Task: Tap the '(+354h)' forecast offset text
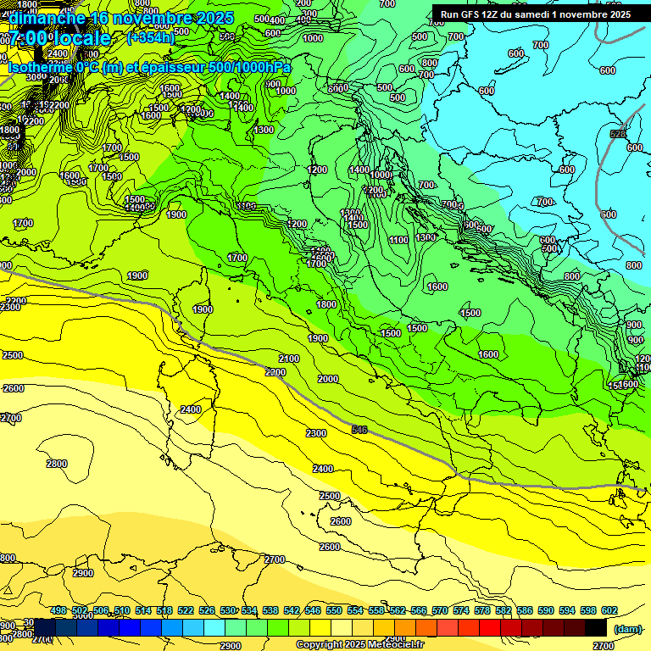[151, 37]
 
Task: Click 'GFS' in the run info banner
[477, 14]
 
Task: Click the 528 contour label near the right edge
[618, 134]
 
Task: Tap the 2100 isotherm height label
[289, 359]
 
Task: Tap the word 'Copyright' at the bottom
[320, 645]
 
